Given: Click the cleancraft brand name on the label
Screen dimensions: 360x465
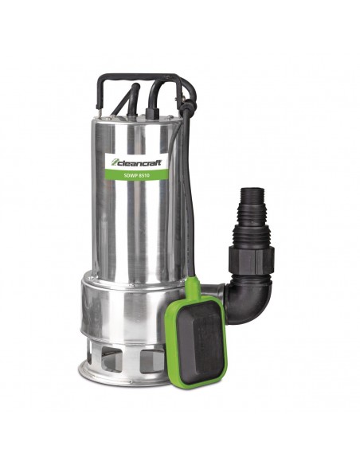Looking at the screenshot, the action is coord(139,162).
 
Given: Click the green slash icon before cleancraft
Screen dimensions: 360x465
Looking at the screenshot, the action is coord(115,162).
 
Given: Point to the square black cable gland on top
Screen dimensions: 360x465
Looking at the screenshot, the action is coord(152,113).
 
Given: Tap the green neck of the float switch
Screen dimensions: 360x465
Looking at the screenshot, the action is coord(193,287).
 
